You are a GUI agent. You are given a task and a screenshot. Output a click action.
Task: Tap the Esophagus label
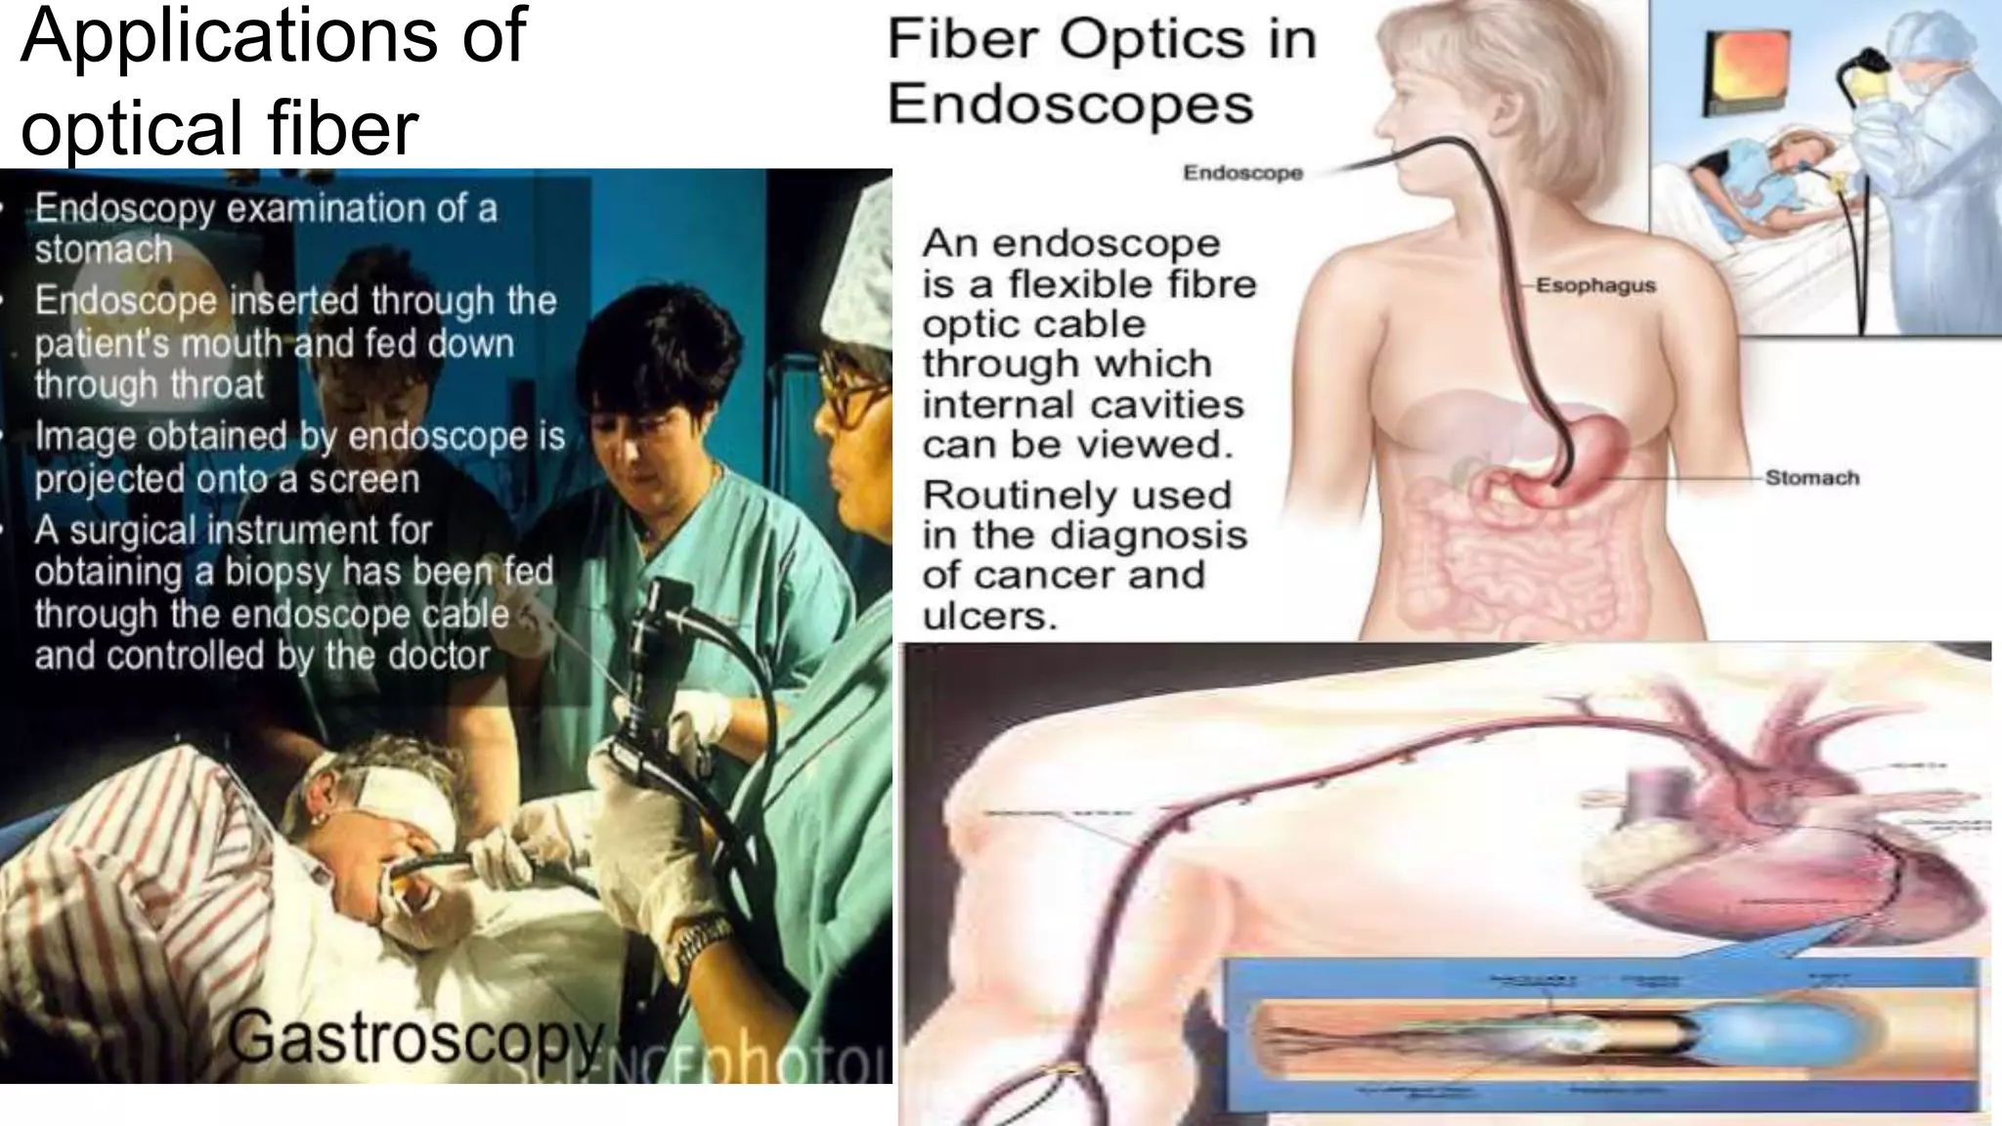1595,285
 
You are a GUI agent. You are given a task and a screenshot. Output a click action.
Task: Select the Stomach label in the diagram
1811,478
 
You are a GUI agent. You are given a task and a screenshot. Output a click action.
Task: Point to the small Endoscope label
1242,173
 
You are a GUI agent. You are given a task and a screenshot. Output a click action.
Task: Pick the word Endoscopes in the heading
1070,105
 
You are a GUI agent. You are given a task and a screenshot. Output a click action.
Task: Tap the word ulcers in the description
989,616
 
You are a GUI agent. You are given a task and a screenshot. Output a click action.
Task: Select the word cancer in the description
1037,575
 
